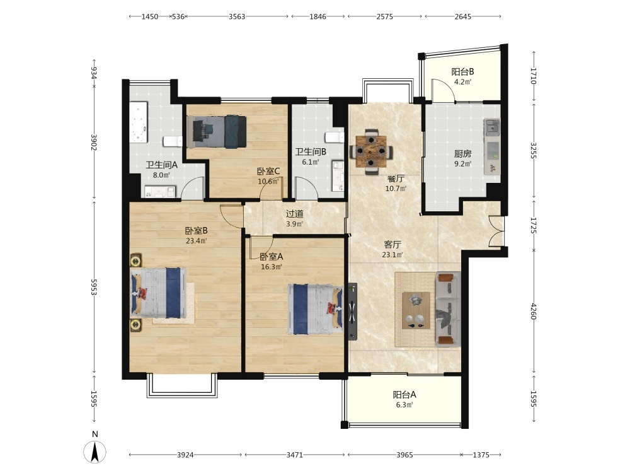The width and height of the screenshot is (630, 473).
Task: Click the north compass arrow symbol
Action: pos(95,452)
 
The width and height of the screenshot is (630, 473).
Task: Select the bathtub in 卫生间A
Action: pos(139,122)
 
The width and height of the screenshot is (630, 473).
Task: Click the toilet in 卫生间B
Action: pos(335,137)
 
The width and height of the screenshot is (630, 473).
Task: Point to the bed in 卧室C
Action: pos(217,132)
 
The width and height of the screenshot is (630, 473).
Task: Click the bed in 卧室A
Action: pos(316,309)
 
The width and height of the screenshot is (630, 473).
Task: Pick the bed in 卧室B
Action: pos(158,293)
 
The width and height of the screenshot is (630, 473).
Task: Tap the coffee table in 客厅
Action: pos(416,310)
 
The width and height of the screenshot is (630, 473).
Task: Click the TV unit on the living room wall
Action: pos(352,312)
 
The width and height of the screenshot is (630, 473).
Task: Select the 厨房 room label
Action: pos(463,154)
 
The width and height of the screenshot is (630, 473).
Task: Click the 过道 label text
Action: pos(294,214)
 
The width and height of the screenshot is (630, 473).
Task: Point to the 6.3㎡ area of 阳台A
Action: pos(404,405)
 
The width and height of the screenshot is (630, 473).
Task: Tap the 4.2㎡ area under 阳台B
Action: pos(463,82)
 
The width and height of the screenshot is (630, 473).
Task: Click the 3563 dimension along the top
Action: pos(237,16)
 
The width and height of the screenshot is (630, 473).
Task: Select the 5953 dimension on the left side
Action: pos(94,287)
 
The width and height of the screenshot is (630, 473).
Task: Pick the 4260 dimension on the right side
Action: pos(533,312)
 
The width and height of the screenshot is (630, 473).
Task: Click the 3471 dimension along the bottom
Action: pos(294,455)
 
